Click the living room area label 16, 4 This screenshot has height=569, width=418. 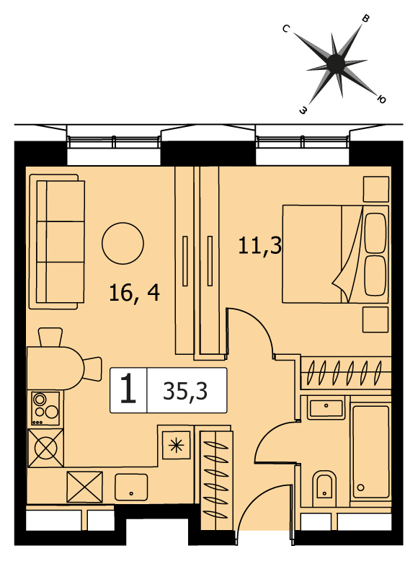coord(134,293)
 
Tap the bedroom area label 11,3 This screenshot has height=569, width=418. coord(260,246)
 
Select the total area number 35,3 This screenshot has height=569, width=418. coord(185,391)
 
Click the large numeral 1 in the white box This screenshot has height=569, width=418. coord(128,389)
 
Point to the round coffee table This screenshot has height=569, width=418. coord(123,244)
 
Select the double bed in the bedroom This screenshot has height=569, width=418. coord(335,254)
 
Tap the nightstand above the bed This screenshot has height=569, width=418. coord(376,189)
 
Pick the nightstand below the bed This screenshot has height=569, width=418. coord(376,319)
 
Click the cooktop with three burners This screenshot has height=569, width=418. coord(45,408)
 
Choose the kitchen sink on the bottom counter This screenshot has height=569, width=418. coord(131,488)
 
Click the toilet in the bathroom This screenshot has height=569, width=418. coord(324,485)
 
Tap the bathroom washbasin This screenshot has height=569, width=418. coord(326,408)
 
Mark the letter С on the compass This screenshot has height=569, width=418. coord(286,29)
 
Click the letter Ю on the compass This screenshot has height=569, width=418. coord(381,99)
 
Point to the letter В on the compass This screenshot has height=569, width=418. coord(366,19)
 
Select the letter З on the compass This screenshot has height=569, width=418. coord(303,110)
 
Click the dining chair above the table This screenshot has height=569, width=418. coord(50,337)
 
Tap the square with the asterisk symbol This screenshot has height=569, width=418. coord(177,445)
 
